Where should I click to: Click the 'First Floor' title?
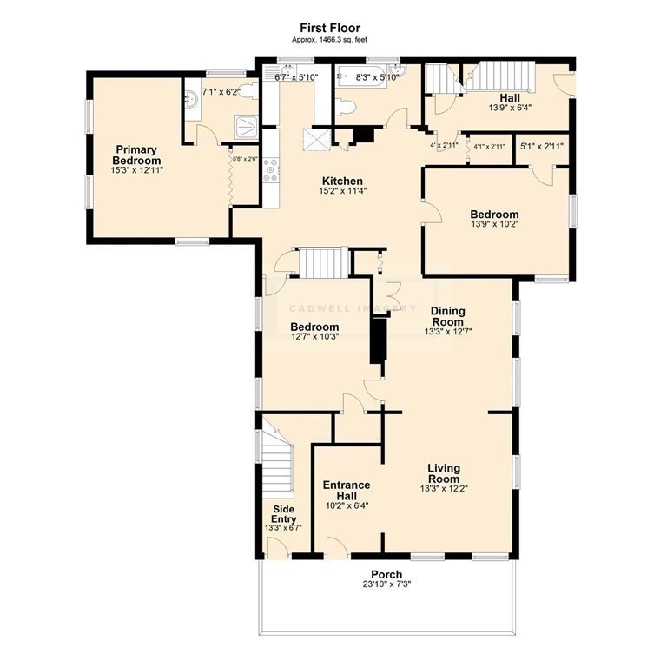point(330,28)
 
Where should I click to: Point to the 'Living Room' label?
point(443,473)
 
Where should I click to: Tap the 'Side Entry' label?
point(283,513)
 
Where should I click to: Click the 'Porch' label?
point(386,574)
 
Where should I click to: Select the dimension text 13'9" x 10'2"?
point(494,227)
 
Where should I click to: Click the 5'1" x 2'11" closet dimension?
point(542,146)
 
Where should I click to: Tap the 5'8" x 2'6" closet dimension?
point(243,158)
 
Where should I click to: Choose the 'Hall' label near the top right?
point(510,97)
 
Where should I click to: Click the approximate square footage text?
point(330,40)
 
